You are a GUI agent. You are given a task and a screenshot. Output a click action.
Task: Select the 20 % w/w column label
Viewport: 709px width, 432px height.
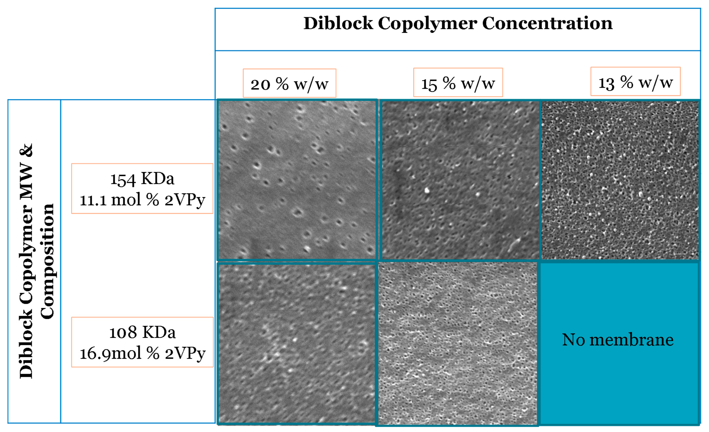click(x=290, y=84)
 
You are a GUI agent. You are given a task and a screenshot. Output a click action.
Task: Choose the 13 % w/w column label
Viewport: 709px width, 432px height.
click(x=635, y=82)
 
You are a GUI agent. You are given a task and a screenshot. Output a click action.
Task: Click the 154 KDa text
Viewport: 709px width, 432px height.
click(x=142, y=179)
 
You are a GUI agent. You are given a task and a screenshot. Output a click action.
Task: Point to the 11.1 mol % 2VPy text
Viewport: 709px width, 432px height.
click(x=142, y=200)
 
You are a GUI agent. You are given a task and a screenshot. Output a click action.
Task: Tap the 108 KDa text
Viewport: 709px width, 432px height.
click(x=142, y=332)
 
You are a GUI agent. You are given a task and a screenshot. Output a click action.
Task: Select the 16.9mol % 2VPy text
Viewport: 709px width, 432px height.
click(x=142, y=353)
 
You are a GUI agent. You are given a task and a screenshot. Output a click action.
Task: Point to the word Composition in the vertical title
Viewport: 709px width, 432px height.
click(x=47, y=261)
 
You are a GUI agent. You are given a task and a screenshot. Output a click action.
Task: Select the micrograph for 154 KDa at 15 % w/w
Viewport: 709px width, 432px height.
click(x=460, y=180)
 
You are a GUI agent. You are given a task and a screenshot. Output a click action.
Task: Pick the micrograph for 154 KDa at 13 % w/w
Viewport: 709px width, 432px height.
click(x=620, y=180)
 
